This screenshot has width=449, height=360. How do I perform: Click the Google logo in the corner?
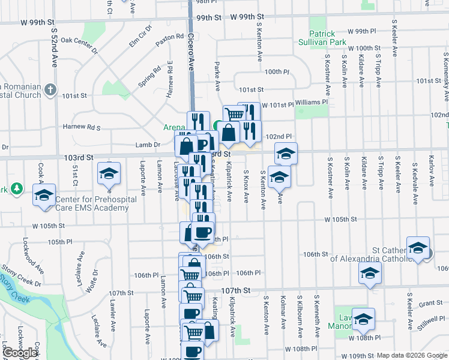(21, 353)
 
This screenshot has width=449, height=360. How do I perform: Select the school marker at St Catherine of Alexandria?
(418, 248)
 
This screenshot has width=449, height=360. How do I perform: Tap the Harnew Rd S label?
(81, 127)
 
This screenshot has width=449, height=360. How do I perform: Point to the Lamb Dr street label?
(148, 145)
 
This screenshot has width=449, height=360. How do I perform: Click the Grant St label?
(430, 304)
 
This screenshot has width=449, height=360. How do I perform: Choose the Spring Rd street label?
(149, 77)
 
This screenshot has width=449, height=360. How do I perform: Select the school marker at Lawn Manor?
(363, 319)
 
